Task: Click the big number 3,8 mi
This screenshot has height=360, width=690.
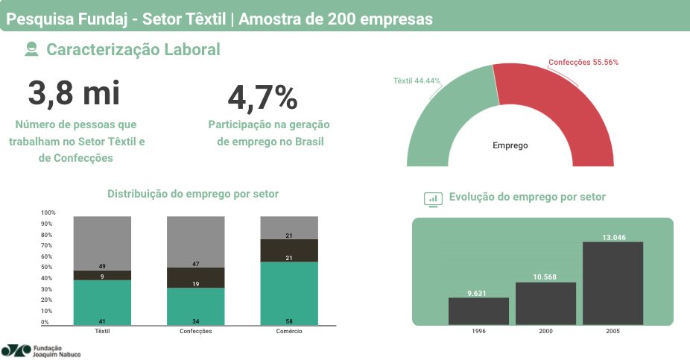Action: (x=74, y=93)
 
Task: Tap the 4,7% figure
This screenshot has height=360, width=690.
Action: (x=262, y=98)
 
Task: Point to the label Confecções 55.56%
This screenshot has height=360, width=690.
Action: (x=583, y=63)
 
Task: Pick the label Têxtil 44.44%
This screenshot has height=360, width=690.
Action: (x=417, y=80)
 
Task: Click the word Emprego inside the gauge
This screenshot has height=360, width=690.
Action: (x=510, y=145)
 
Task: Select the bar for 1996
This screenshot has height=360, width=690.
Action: (x=478, y=312)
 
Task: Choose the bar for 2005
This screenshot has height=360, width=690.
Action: (x=613, y=283)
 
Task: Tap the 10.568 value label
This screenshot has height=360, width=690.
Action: (x=545, y=277)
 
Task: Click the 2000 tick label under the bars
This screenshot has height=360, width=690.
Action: (x=545, y=330)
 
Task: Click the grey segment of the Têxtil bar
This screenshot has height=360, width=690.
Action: (x=102, y=243)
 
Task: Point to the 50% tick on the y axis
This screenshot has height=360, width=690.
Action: (x=47, y=267)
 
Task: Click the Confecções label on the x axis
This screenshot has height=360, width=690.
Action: (x=195, y=330)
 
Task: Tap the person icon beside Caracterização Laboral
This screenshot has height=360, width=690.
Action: (x=31, y=50)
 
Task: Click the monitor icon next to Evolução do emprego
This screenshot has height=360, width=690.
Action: (x=433, y=198)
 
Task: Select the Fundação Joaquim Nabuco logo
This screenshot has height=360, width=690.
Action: (x=41, y=350)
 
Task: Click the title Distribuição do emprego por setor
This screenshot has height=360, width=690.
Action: (x=193, y=194)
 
